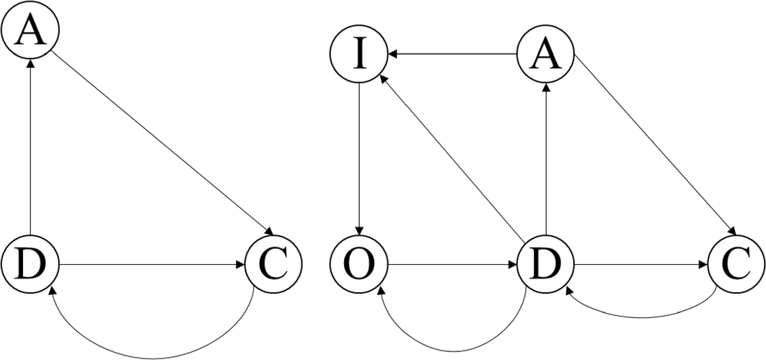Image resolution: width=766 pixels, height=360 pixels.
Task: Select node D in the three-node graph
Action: tap(30, 264)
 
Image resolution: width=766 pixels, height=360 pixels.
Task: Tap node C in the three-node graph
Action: tap(273, 264)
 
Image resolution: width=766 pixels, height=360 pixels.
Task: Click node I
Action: tap(358, 55)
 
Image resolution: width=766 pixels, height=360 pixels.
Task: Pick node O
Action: tap(358, 264)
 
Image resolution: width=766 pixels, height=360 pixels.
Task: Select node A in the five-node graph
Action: tap(546, 55)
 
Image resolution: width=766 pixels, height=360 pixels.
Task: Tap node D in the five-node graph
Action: tap(546, 264)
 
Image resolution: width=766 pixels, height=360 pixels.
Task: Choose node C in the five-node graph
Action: tap(736, 264)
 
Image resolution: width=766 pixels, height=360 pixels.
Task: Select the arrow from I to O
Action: tap(358, 159)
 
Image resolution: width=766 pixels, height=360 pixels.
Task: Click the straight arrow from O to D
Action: tap(452, 264)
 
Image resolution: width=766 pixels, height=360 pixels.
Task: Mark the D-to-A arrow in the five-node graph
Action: tap(546, 159)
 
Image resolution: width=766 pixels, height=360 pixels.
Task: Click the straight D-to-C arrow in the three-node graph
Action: tap(151, 264)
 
